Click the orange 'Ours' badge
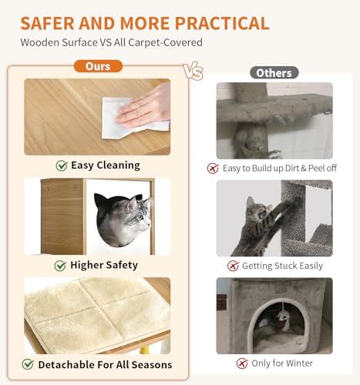pyautogui.click(x=98, y=66)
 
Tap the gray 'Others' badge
pyautogui.click(x=274, y=73)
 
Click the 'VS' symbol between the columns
pyautogui.click(x=193, y=71)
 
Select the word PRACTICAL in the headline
pyautogui.click(x=222, y=23)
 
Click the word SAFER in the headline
pyautogui.click(x=48, y=23)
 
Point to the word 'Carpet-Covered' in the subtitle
pyautogui.click(x=165, y=42)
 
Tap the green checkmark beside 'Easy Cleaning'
pyautogui.click(x=62, y=166)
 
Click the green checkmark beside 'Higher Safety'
pyautogui.click(x=60, y=266)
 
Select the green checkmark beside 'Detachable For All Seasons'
pyautogui.click(x=28, y=364)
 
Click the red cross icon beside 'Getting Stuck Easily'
pyautogui.click(x=233, y=266)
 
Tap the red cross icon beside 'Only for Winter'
pyautogui.click(x=242, y=363)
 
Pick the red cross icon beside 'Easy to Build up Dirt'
pyautogui.click(x=213, y=169)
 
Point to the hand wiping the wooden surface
pyautogui.click(x=145, y=106)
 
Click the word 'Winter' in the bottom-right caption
pyautogui.click(x=299, y=363)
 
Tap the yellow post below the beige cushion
pyautogui.click(x=146, y=350)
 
